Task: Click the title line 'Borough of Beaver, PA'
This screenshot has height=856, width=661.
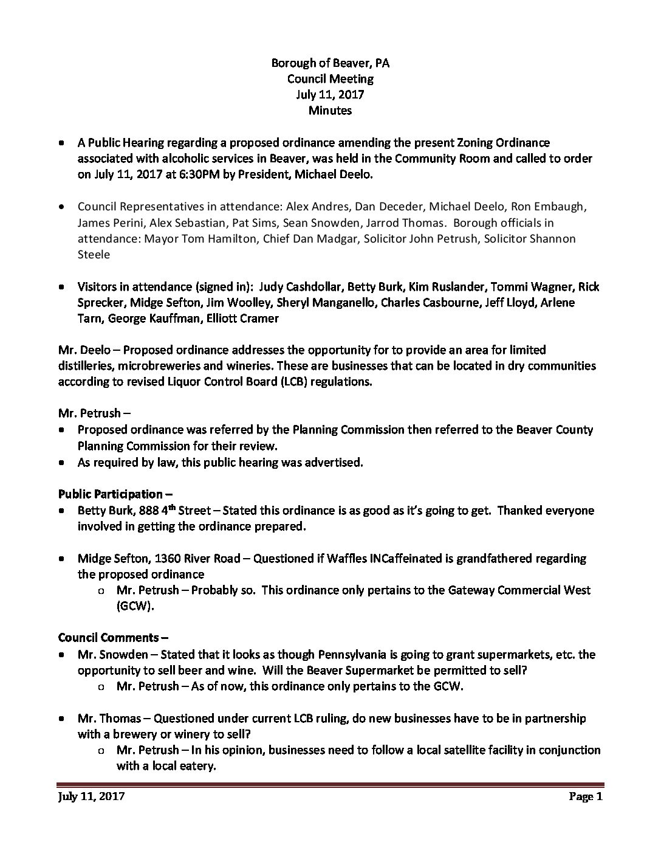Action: click(330, 63)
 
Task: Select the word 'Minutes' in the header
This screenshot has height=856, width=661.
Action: click(330, 111)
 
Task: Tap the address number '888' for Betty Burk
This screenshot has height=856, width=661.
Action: click(150, 511)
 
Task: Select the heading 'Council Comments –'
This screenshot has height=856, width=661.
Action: click(113, 638)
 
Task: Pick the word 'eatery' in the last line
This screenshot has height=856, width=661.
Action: click(197, 766)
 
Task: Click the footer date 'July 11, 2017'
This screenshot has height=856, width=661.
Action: click(91, 796)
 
